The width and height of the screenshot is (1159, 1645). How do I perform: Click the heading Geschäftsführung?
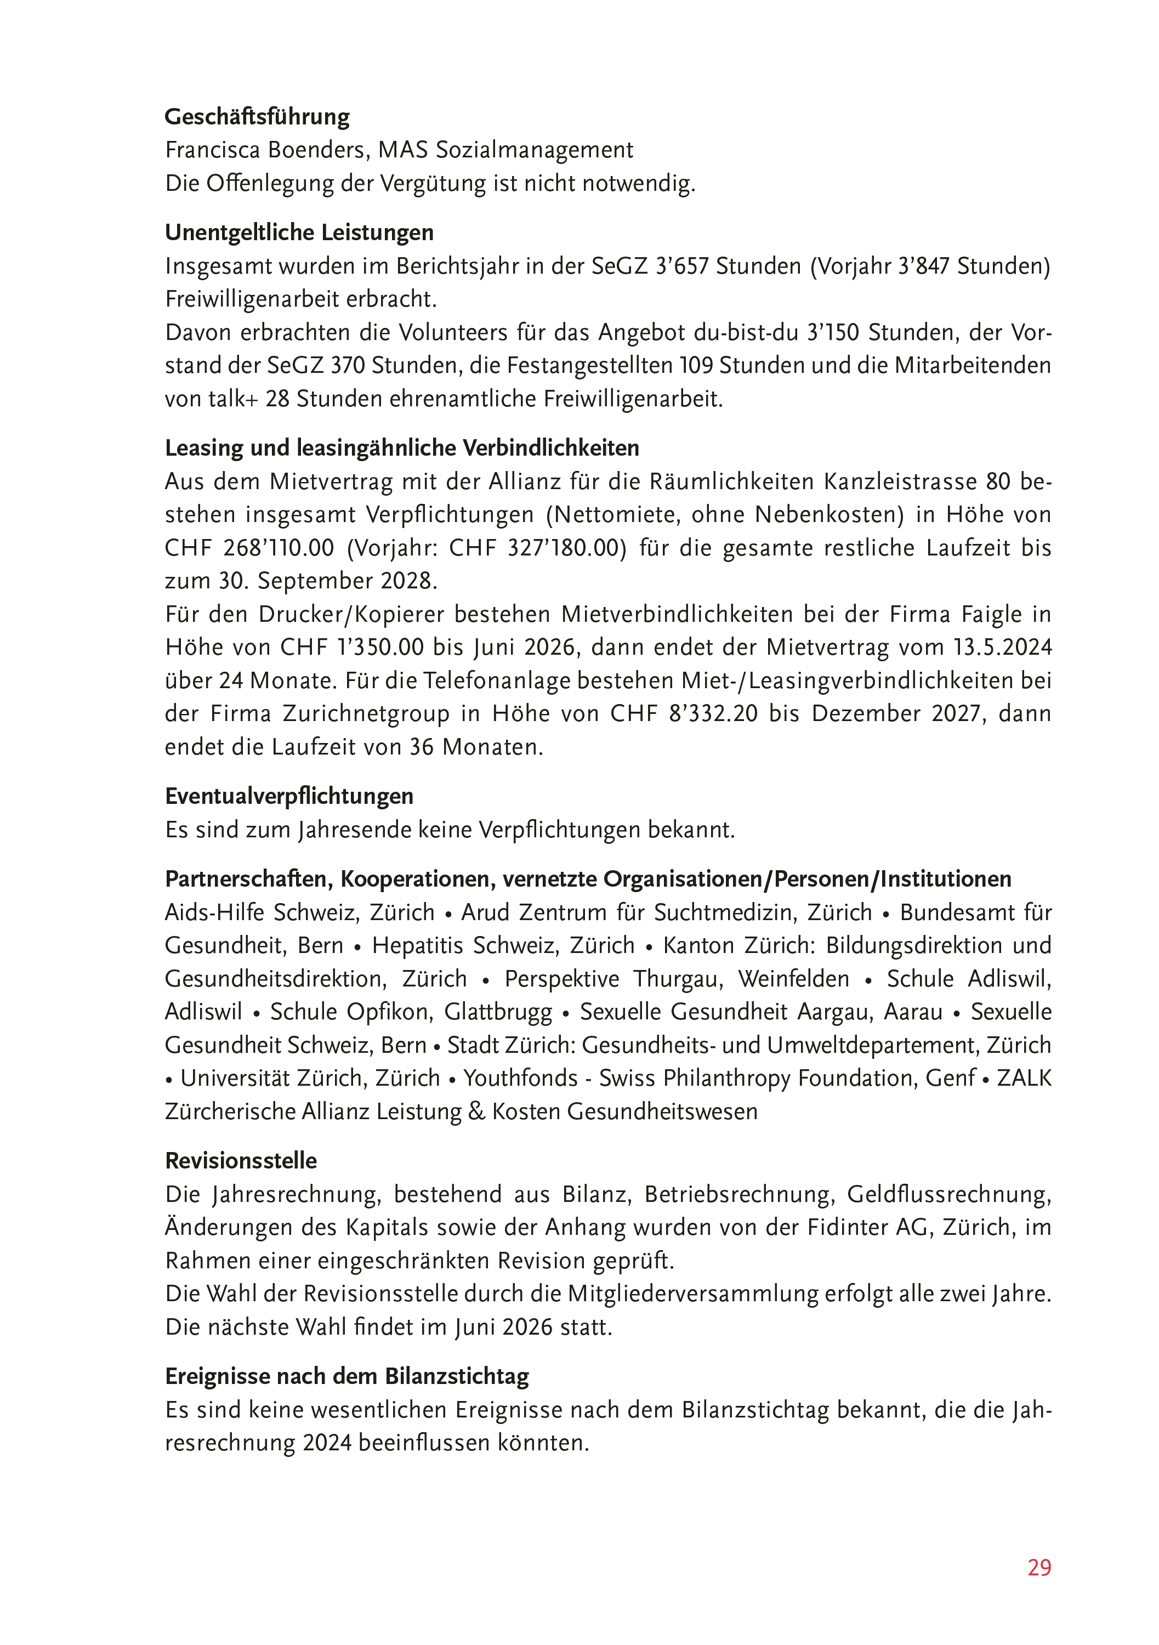click(x=257, y=117)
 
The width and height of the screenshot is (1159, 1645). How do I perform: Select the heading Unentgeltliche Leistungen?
click(x=299, y=233)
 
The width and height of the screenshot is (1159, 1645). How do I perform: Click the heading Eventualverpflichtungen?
click(x=289, y=797)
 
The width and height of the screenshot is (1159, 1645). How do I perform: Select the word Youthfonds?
click(x=521, y=1078)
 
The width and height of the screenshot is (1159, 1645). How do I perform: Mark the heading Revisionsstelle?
click(x=241, y=1161)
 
